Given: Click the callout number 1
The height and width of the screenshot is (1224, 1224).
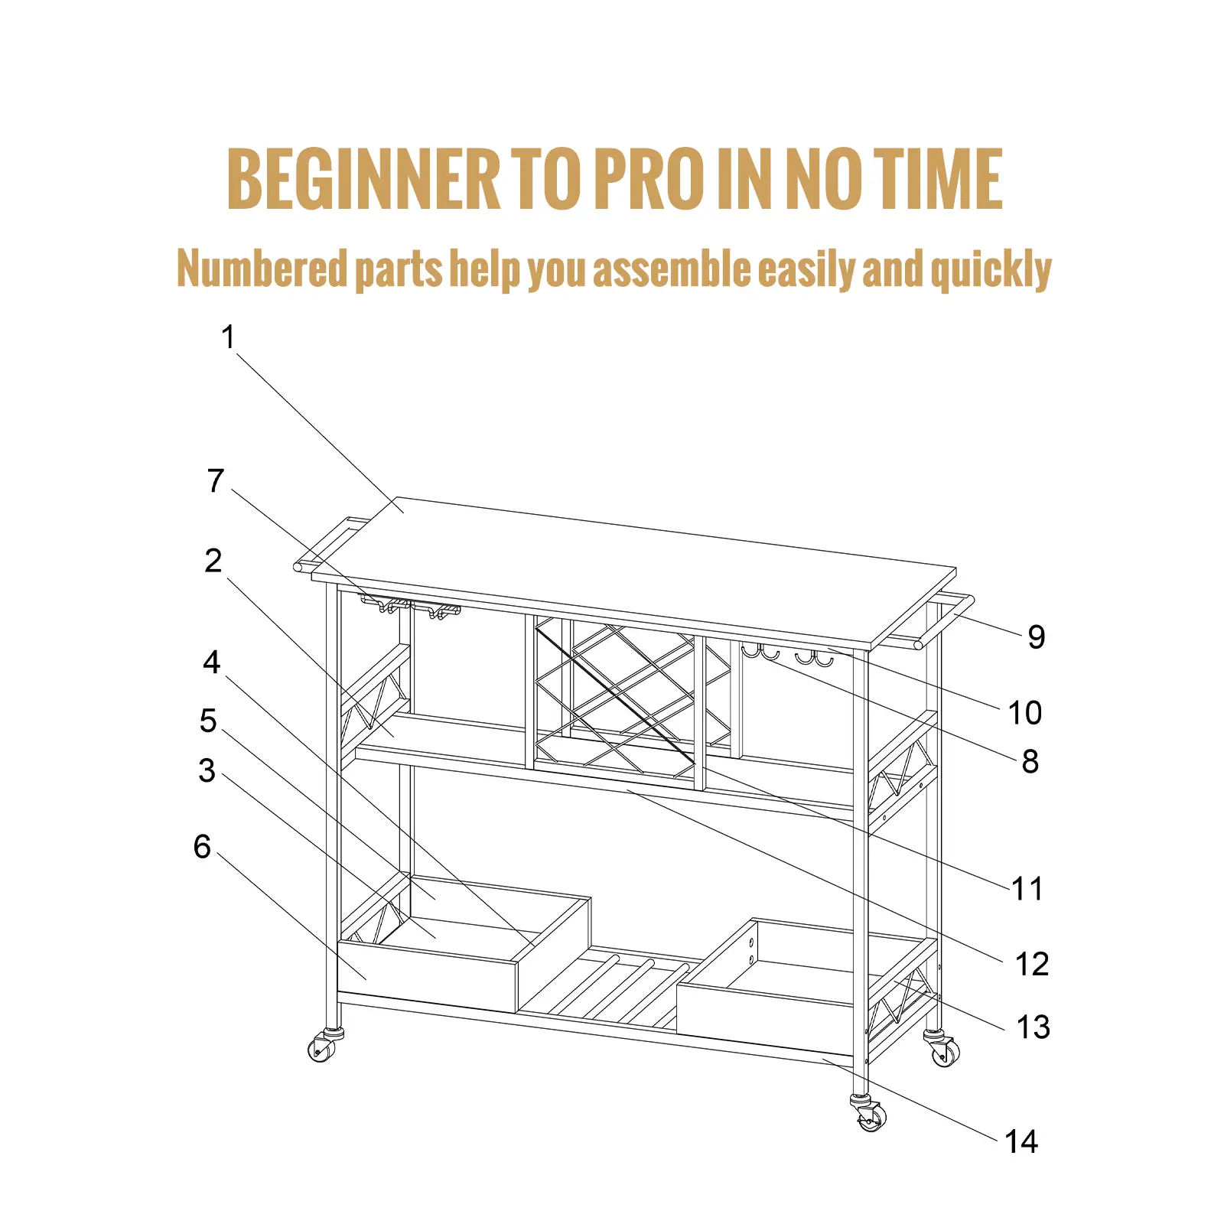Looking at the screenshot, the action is click(x=228, y=337).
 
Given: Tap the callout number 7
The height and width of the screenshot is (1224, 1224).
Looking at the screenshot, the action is click(x=216, y=481).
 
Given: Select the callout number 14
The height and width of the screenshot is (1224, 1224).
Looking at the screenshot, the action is click(x=1021, y=1142).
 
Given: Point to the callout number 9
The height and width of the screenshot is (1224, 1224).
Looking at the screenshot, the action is click(x=1037, y=636).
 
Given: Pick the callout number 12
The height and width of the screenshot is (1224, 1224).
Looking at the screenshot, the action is click(x=1032, y=965).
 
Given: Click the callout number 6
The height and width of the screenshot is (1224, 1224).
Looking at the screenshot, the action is click(x=202, y=847).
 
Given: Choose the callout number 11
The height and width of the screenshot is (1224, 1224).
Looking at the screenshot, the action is click(x=1027, y=889).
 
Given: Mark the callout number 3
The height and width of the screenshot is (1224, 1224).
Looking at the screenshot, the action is click(x=207, y=771).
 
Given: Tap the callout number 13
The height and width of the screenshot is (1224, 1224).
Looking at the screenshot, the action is click(x=1033, y=1027).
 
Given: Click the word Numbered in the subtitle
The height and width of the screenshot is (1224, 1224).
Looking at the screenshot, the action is click(x=262, y=269).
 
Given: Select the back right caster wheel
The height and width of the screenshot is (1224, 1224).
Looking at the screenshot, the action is click(x=944, y=1050).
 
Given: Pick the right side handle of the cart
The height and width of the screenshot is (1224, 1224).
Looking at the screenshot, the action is click(x=946, y=620).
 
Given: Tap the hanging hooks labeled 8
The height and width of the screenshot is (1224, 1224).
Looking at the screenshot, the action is click(x=787, y=655).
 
